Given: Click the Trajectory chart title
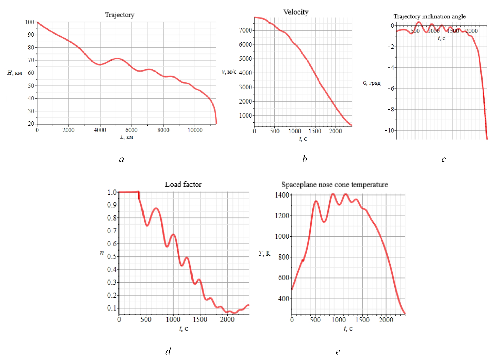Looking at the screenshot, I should click(120, 15).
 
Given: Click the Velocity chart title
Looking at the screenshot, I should click(296, 12).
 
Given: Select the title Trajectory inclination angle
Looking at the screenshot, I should click(429, 16).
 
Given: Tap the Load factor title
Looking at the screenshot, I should click(183, 184).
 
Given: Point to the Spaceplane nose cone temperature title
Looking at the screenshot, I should click(334, 185).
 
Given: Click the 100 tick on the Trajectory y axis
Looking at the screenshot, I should click(30, 22).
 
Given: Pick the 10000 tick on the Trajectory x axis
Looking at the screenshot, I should click(195, 130).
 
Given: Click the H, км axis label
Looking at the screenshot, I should click(15, 73).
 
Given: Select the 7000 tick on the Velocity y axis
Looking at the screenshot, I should click(245, 30).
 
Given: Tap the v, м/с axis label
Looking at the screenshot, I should click(229, 72).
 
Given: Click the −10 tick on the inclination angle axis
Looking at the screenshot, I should click(390, 130).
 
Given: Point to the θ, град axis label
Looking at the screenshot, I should click(372, 83).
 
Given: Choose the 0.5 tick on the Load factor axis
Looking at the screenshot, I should click(112, 257).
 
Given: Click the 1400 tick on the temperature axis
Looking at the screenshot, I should click(282, 195).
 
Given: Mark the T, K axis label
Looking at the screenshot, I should click(264, 253).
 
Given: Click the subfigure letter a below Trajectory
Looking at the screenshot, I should click(122, 159).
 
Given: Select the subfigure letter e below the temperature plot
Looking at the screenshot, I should click(338, 352).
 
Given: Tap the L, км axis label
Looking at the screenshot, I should click(127, 137).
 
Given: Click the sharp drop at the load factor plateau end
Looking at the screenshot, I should click(139, 195).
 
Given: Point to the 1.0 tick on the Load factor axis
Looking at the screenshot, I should click(112, 192).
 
